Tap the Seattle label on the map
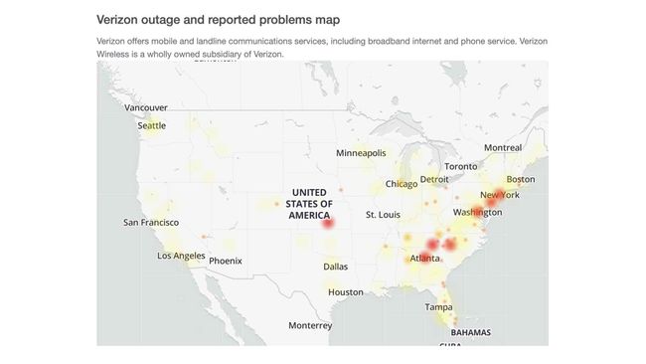click(152, 126)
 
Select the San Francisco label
click(151, 223)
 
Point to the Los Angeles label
click(181, 256)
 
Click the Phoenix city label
click(225, 262)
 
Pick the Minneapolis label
click(361, 153)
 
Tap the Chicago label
click(402, 184)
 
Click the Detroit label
click(435, 180)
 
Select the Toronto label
click(460, 166)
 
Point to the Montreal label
click(503, 148)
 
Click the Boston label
click(521, 179)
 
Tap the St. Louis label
click(383, 215)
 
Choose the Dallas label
click(336, 267)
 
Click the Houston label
click(346, 292)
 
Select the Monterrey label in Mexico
click(310, 325)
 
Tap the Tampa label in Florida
click(439, 307)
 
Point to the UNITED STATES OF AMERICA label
click(309, 203)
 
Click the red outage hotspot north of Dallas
click(329, 224)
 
